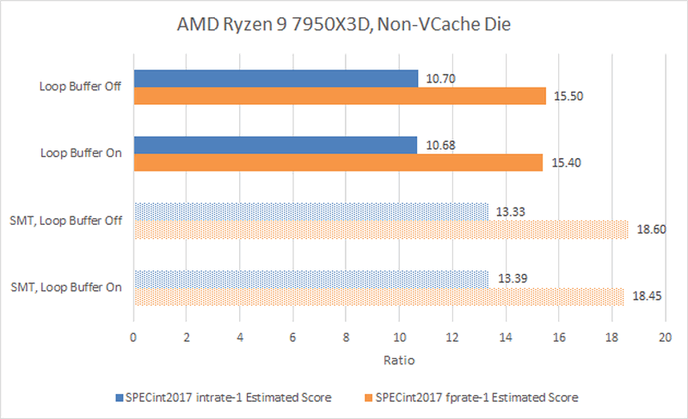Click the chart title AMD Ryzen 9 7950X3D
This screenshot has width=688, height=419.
(x=344, y=24)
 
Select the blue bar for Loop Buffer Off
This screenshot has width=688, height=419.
(x=275, y=79)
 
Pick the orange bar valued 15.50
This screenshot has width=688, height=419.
(x=339, y=96)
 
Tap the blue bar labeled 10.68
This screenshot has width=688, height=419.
(x=275, y=144)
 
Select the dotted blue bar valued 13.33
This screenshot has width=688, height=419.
(x=310, y=211)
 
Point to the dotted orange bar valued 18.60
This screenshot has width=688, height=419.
(x=381, y=228)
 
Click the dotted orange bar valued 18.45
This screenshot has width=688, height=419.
(x=378, y=295)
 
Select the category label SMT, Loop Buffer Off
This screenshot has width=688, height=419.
(x=66, y=220)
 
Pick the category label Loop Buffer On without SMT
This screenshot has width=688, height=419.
(x=81, y=153)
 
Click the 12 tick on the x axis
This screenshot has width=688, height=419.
(x=452, y=339)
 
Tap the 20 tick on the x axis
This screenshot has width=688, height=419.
(x=665, y=339)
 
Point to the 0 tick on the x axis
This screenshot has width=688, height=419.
(x=133, y=339)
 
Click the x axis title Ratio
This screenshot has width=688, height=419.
(x=399, y=360)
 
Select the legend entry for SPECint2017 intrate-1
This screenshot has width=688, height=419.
(x=223, y=398)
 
